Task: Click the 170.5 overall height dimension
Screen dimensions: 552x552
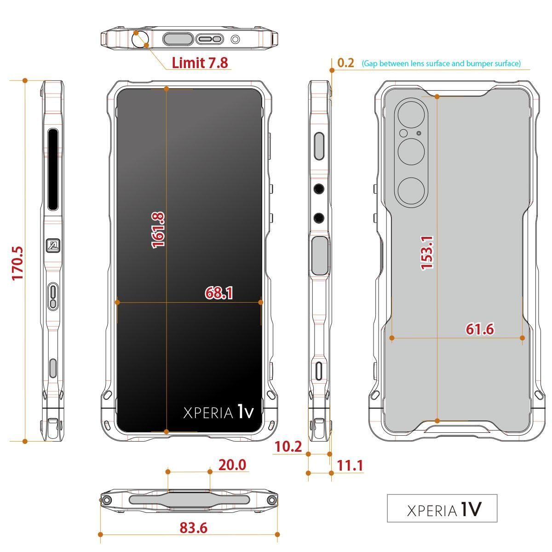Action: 17,263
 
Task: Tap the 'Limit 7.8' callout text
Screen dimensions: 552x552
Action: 200,63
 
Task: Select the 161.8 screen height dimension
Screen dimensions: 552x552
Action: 158,230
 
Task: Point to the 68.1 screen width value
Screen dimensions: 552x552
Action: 219,293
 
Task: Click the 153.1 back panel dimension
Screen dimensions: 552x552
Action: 427,253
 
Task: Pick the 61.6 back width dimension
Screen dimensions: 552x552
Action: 480,329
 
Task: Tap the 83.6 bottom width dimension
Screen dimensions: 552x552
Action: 193,528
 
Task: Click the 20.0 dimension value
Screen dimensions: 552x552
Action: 232,465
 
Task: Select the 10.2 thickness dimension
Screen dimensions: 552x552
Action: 288,446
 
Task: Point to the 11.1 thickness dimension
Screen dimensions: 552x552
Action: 350,465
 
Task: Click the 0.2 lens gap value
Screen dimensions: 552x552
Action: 346,63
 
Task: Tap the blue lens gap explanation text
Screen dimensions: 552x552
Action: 441,63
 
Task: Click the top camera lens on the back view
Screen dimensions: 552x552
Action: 411,115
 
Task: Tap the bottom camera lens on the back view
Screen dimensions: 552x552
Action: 411,190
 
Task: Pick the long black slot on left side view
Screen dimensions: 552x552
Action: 53,170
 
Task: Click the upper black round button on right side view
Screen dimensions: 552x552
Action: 319,189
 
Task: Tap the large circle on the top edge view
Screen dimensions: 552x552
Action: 141,39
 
